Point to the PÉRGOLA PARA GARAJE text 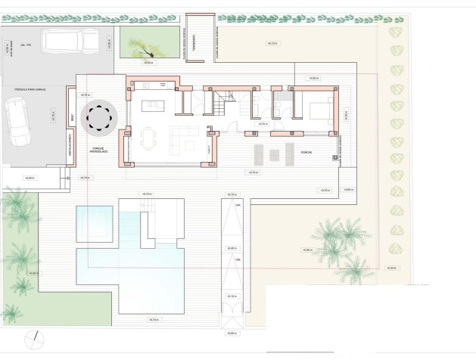[30, 89]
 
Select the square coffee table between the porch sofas [274, 154]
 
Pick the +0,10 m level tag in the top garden [272, 43]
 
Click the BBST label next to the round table [73, 118]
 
